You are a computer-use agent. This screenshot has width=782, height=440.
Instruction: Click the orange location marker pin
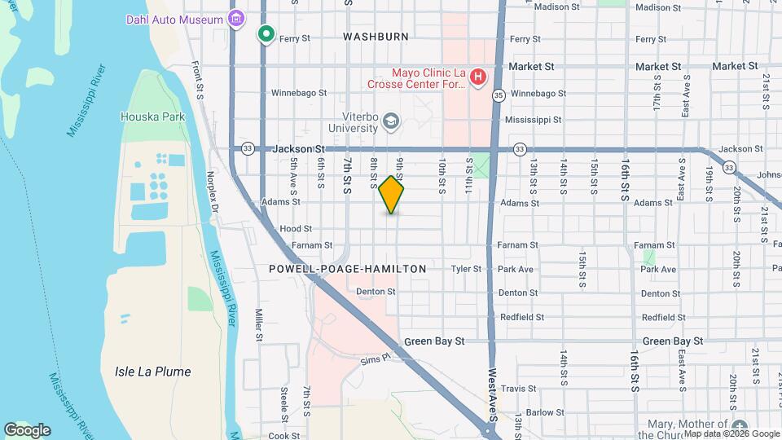tap(392, 194)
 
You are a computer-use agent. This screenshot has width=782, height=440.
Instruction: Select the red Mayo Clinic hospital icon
tap(478, 77)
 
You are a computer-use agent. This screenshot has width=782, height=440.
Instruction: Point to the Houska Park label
tap(152, 117)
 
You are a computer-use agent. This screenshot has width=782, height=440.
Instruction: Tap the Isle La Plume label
tap(147, 372)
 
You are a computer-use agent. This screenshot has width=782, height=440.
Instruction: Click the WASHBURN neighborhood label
tap(376, 37)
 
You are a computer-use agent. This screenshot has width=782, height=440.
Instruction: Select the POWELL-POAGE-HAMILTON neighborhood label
tap(348, 269)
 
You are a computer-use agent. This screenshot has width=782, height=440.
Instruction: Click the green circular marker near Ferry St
tap(266, 34)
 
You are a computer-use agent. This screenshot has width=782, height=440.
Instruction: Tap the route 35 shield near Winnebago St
tap(499, 95)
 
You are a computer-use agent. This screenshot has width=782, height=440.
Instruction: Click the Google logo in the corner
tap(27, 429)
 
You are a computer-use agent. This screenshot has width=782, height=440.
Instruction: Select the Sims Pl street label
tap(376, 358)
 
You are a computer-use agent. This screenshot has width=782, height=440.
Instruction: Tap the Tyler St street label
tap(466, 269)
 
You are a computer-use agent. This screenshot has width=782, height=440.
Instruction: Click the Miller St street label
tap(258, 324)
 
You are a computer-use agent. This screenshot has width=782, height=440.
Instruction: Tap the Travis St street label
tap(516, 389)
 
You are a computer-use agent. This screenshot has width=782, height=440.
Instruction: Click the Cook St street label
tap(284, 436)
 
